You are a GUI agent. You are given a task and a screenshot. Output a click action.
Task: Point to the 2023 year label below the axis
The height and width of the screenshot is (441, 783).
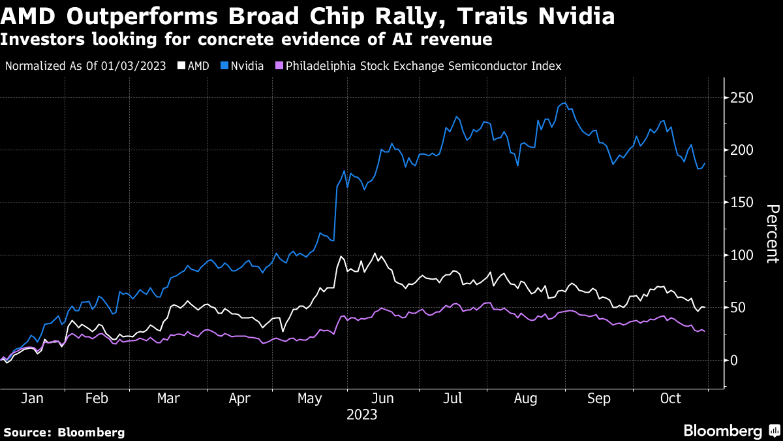(362, 414)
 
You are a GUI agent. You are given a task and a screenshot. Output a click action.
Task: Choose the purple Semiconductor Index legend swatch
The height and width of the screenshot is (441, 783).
(279, 66)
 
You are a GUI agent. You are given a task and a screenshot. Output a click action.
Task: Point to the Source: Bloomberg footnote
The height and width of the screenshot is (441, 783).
(64, 432)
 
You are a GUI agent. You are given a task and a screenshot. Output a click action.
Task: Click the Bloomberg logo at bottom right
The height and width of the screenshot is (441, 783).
(730, 431)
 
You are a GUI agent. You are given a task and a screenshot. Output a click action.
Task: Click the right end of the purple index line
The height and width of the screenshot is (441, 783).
(704, 331)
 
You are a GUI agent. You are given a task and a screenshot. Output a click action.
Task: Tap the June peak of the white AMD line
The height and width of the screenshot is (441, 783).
(375, 253)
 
